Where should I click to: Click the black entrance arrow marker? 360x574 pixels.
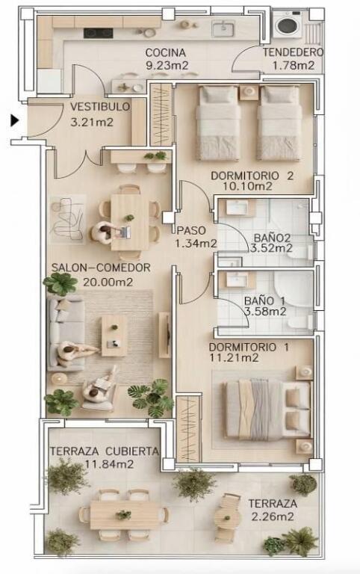(x=14, y=120)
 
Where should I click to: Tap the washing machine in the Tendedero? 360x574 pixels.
(x=288, y=24)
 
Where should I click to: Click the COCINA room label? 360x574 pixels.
(x=165, y=53)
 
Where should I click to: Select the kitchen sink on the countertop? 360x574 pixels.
(x=223, y=28)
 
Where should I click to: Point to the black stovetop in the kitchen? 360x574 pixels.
(x=98, y=33)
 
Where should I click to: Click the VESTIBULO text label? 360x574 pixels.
(x=100, y=107)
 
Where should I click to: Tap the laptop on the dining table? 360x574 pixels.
(x=125, y=232)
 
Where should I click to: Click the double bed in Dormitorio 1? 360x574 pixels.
(x=267, y=409)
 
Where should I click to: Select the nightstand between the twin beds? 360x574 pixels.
(x=249, y=92)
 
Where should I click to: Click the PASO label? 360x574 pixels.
(x=191, y=231)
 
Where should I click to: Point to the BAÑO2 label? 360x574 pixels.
(x=272, y=238)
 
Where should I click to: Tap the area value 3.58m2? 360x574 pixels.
(x=265, y=312)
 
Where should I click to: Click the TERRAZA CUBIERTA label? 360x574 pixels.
(x=105, y=451)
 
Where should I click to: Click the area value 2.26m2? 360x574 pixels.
(x=273, y=516)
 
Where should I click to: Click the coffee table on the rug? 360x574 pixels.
(x=114, y=336)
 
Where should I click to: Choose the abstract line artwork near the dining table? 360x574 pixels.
(x=67, y=220)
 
